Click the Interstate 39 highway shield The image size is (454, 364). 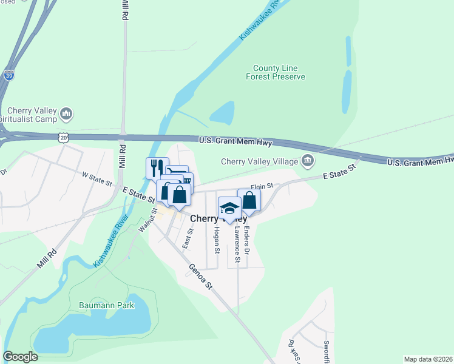[8, 75]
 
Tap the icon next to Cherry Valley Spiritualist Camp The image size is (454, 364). [67, 113]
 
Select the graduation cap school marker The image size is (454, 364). [229, 208]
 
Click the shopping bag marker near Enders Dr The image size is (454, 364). [249, 200]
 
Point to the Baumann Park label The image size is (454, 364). [106, 305]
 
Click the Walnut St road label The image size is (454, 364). [147, 220]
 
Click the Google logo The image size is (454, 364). [21, 357]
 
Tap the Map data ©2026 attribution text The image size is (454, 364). [427, 359]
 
